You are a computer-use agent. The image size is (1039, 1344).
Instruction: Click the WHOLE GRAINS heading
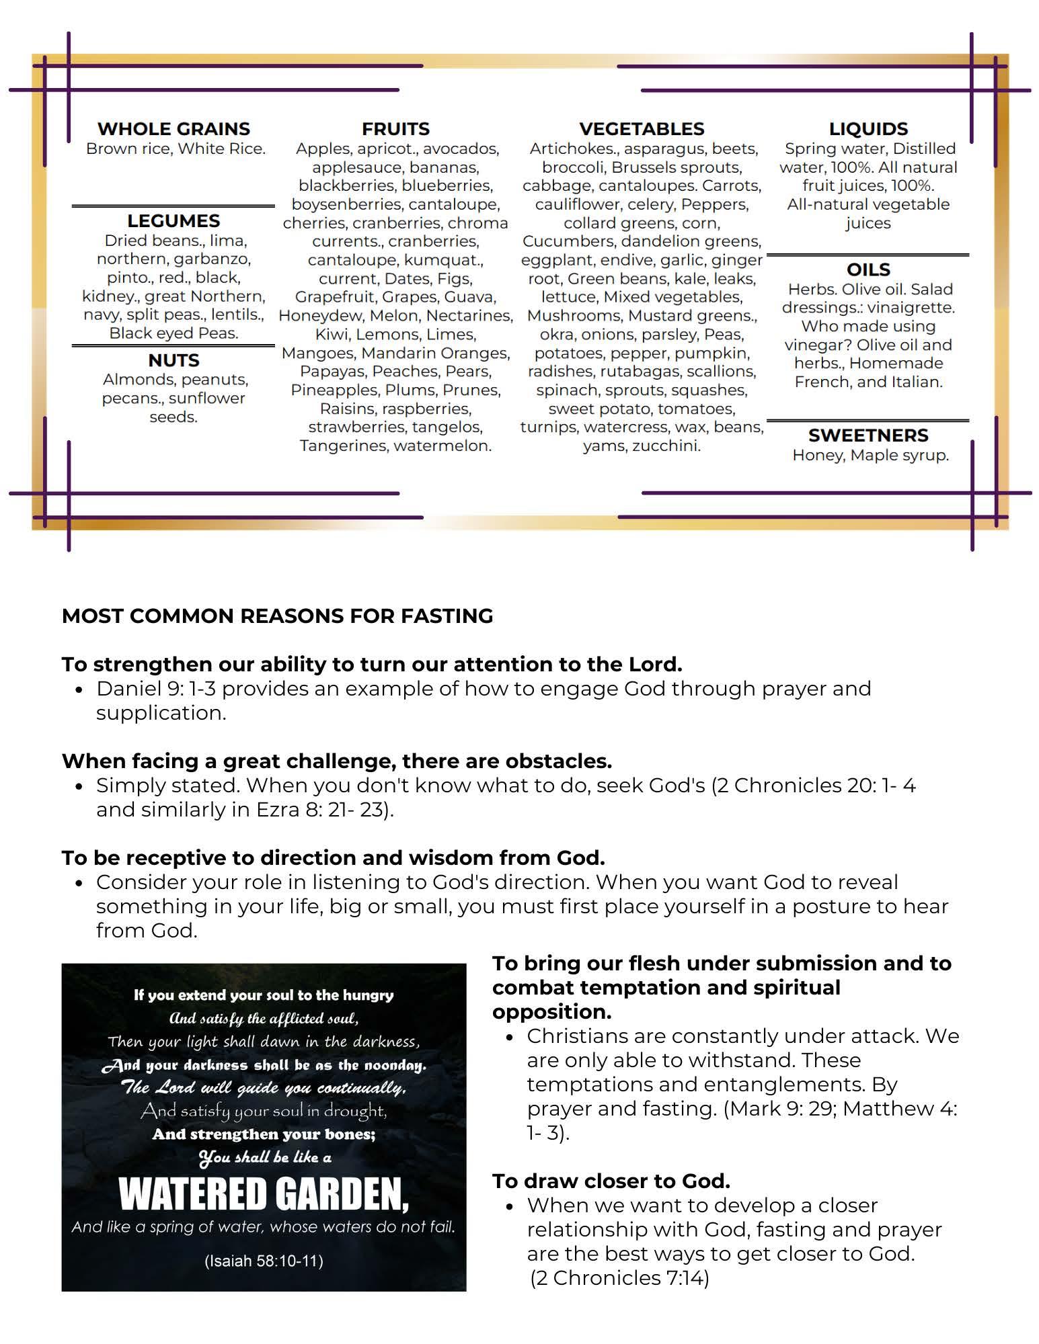tap(174, 128)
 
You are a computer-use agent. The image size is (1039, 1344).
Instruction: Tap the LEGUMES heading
tap(174, 220)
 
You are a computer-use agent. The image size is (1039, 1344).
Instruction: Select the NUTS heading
tap(174, 360)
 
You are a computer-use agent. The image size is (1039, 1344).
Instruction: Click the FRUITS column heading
tap(395, 128)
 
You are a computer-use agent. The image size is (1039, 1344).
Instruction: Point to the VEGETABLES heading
tap(642, 128)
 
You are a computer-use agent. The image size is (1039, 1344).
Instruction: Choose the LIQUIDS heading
tap(868, 128)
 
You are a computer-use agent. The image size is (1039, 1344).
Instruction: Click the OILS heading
tap(868, 269)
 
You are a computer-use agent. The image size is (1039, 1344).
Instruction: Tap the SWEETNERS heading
tap(868, 435)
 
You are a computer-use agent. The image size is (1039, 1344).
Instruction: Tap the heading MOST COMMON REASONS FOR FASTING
tap(277, 616)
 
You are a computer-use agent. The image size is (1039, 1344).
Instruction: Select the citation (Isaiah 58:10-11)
tap(264, 1261)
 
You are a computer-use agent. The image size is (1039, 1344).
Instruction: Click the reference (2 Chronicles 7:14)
tap(619, 1277)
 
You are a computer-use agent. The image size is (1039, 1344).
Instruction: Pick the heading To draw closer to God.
tap(611, 1181)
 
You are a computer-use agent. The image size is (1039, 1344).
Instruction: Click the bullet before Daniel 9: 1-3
tap(79, 689)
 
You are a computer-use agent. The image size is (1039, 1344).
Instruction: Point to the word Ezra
tap(277, 810)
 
